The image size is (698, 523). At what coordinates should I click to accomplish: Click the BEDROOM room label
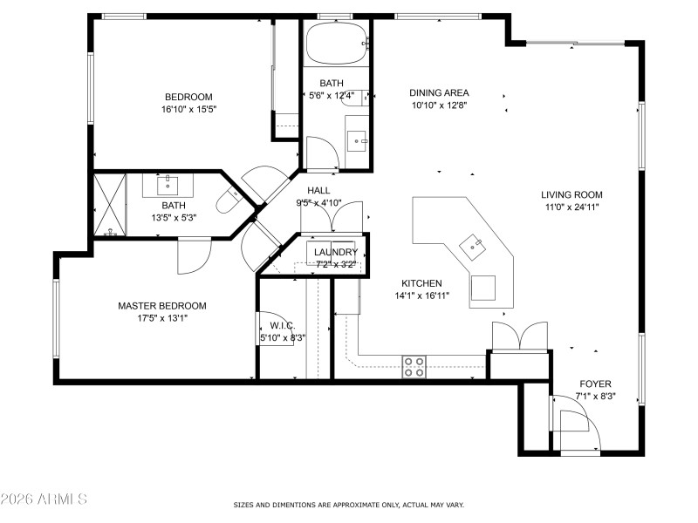tap(188, 97)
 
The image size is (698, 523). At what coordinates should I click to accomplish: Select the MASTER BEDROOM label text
tap(162, 306)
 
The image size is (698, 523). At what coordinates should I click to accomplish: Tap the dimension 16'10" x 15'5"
tap(188, 110)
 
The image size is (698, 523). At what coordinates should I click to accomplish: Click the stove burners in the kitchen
tap(414, 366)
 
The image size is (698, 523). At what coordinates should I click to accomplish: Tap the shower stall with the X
tap(111, 205)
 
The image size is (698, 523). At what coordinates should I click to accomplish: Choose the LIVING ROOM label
tap(571, 195)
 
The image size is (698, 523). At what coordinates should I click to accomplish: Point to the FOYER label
tap(595, 384)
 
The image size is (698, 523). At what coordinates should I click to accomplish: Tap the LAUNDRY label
tap(336, 253)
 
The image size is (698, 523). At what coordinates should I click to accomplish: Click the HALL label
tap(318, 191)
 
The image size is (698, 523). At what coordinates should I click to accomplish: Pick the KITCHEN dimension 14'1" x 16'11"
tap(421, 296)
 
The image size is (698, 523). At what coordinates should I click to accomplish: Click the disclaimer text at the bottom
tap(348, 505)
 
